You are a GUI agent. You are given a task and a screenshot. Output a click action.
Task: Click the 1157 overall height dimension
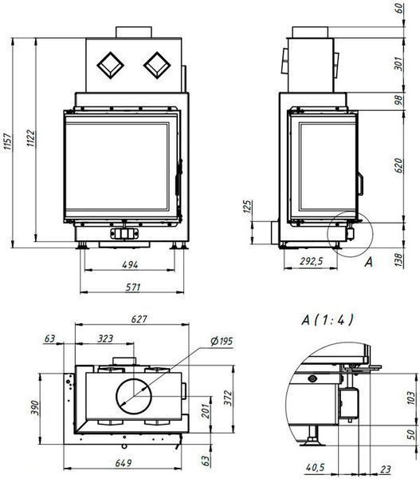point(8,141)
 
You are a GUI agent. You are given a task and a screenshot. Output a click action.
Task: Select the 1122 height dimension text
point(31,138)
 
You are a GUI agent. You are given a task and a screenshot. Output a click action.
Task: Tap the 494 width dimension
point(130,264)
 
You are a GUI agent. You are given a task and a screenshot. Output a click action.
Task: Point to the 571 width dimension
point(133,287)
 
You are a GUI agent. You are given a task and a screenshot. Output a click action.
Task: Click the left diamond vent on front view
point(110,65)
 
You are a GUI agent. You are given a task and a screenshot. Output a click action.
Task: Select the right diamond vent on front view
point(157,65)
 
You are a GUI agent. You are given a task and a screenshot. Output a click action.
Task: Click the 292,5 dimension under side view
point(311,261)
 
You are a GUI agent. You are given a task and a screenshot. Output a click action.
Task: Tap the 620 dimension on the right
point(398,165)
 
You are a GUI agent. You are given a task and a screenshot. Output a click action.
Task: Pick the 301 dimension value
point(398,64)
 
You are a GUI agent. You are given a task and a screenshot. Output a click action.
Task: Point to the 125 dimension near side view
point(249,206)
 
